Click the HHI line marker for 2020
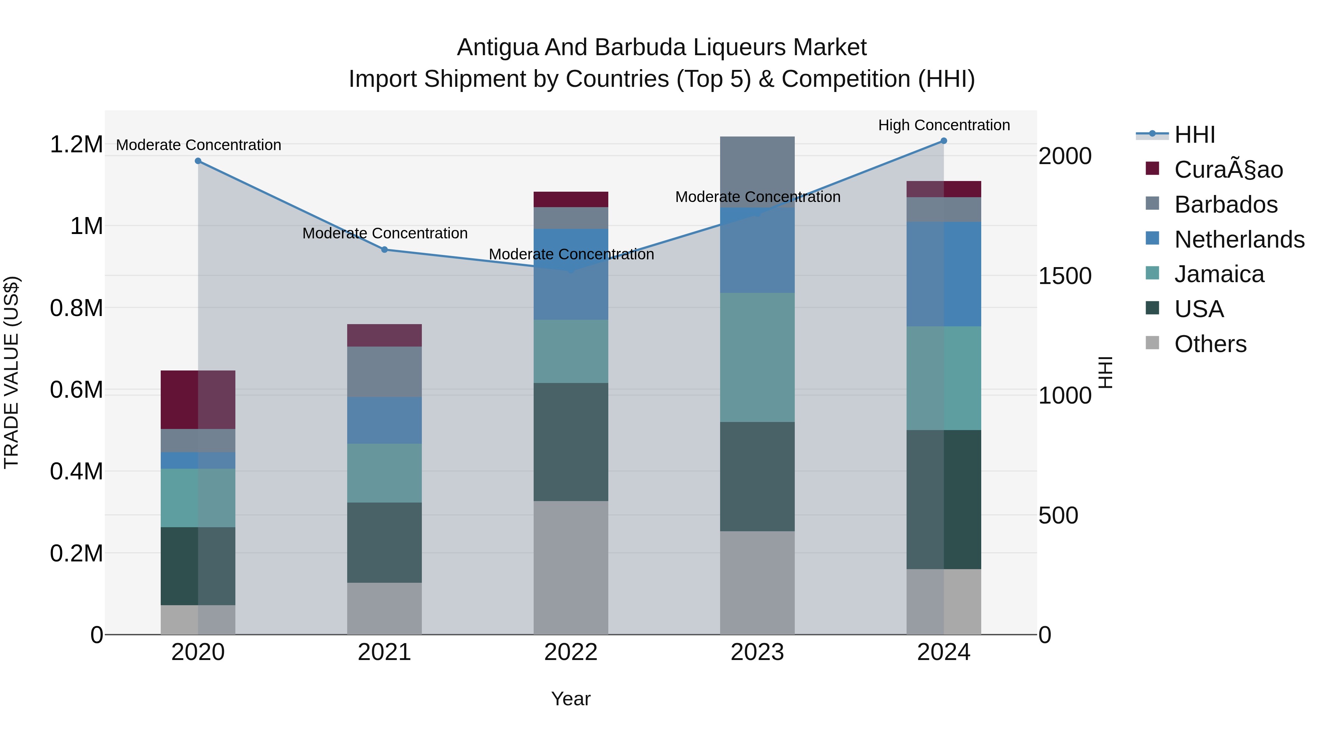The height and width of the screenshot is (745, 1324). (x=198, y=161)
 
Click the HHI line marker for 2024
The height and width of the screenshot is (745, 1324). (x=944, y=141)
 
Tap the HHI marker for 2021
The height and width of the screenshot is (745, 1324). (x=384, y=250)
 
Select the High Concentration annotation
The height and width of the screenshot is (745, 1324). (x=944, y=125)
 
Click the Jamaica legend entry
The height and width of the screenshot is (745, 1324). (x=1219, y=274)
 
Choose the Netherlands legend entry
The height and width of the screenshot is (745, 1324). (x=1239, y=240)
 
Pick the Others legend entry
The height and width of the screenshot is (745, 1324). (x=1210, y=344)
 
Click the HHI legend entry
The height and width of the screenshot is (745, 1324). (x=1195, y=135)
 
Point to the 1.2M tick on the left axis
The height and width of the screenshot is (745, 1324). (x=76, y=145)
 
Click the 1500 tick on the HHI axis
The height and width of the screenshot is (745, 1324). (x=1064, y=276)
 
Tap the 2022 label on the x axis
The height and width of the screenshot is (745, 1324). (x=570, y=652)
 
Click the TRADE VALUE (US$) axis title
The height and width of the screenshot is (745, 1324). (x=11, y=372)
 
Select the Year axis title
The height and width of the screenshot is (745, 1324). (x=570, y=699)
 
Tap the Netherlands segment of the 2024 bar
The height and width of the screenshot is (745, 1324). (x=944, y=274)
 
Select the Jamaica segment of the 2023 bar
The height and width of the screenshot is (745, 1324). (x=757, y=357)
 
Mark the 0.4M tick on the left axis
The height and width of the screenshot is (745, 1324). (x=76, y=472)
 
